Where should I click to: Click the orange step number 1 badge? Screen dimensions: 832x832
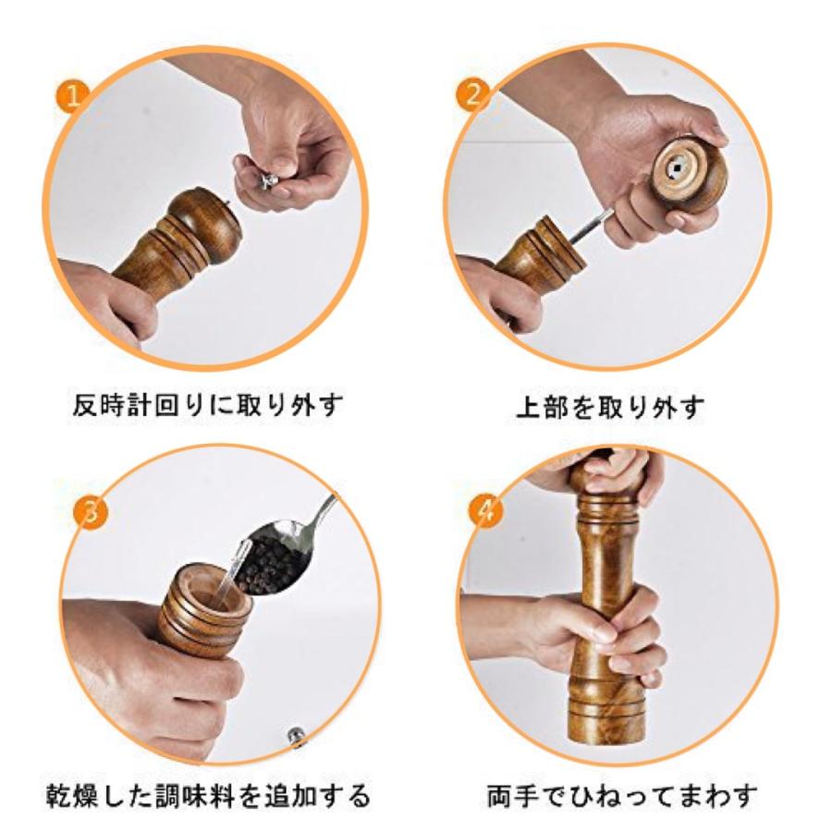pos(73,96)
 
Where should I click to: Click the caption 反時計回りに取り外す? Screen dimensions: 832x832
pos(207,406)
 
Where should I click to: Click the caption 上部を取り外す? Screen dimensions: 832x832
pos(611,408)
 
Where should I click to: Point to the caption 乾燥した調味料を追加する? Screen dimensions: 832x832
pos(207,795)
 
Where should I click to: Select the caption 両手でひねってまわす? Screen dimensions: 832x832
pos(622,795)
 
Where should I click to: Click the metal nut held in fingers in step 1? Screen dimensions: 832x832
pos(267,180)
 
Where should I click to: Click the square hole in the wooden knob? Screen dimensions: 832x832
pos(677,169)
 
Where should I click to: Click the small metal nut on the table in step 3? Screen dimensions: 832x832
pos(296,736)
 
